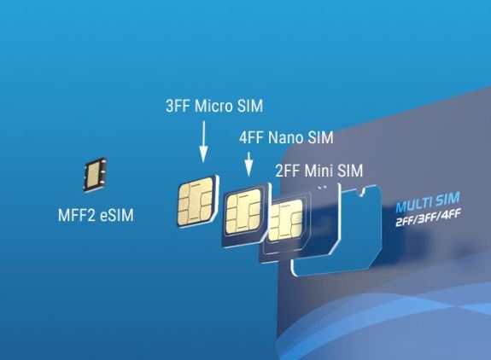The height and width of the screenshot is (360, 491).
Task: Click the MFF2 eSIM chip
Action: [95, 174]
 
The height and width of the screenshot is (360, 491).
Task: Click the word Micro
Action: [213, 106]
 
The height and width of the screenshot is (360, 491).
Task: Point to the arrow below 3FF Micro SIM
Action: [203, 142]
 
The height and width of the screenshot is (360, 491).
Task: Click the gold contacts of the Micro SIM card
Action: [196, 201]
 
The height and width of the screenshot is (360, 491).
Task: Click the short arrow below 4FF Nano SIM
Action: [248, 164]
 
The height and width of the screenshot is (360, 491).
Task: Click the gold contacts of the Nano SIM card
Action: [243, 212]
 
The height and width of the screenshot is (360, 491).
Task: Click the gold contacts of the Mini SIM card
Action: [285, 220]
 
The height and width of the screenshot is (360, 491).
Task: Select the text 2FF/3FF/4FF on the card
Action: [428, 218]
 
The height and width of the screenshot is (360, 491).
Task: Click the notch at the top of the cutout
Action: [363, 192]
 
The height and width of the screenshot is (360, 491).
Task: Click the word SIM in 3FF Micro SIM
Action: [250, 106]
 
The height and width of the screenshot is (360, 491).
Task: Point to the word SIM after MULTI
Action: [448, 199]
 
